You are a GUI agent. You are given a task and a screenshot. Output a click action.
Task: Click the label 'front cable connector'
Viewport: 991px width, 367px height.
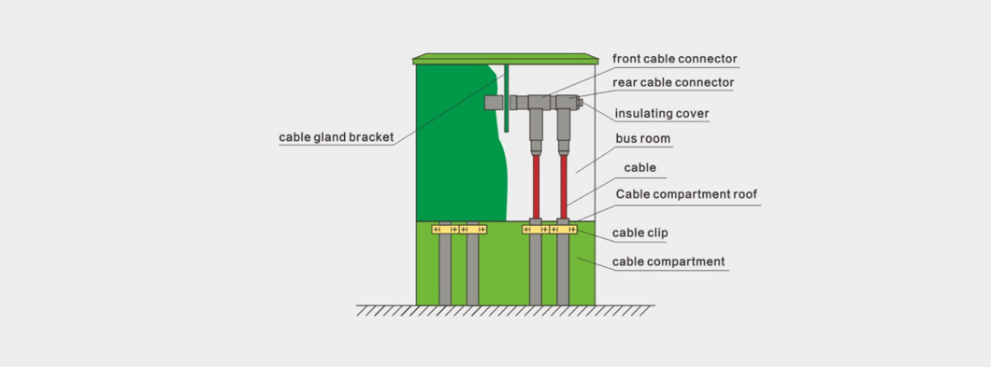click(675, 59)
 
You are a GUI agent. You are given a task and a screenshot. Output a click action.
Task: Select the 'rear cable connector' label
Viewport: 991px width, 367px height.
click(673, 83)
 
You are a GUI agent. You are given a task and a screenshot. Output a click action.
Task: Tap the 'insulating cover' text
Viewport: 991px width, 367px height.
click(662, 114)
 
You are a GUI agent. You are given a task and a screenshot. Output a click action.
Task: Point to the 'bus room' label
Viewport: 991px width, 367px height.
click(643, 138)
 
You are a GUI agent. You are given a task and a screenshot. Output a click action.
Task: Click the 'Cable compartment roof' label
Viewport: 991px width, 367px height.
click(686, 194)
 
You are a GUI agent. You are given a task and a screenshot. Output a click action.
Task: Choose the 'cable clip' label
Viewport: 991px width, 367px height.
click(639, 233)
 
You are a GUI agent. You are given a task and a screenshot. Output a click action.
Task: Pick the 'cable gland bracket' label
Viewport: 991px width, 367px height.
click(337, 137)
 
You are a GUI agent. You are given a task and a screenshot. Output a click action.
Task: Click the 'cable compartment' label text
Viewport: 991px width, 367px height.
click(668, 261)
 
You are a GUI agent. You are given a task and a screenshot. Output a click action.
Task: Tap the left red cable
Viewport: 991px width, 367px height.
click(536, 187)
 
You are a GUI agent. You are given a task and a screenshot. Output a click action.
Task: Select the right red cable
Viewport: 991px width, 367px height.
click(563, 187)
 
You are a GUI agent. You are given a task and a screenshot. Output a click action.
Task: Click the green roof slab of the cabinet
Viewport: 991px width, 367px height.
click(506, 59)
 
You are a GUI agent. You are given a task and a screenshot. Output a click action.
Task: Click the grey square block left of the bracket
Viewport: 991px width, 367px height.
click(494, 103)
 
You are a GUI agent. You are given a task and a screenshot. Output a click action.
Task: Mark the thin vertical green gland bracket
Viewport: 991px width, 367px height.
click(506, 98)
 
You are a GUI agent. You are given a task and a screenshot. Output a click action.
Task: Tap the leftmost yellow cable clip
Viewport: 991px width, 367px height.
click(445, 230)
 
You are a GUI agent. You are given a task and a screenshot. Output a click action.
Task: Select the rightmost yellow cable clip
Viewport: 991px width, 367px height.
click(563, 230)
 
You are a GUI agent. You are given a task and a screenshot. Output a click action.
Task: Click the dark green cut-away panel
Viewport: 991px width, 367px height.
click(461, 143)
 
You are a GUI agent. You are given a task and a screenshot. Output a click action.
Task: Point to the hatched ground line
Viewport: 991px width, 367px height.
click(505, 310)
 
